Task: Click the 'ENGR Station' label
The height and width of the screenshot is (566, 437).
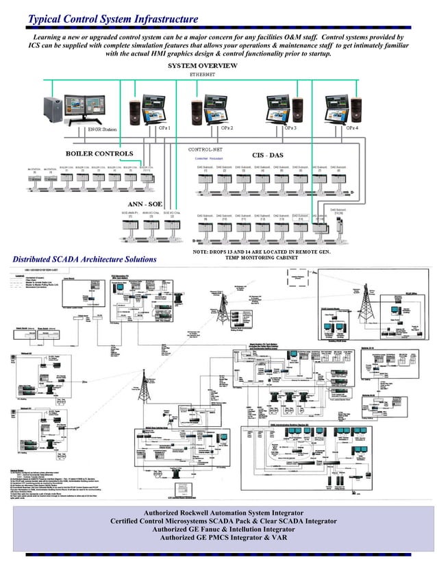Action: click(x=103, y=128)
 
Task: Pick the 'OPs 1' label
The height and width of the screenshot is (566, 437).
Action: click(x=164, y=128)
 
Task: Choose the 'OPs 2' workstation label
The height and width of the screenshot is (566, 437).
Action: click(x=227, y=128)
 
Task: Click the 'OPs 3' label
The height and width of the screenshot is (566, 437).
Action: click(x=290, y=128)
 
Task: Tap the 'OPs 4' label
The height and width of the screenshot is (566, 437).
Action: click(x=352, y=128)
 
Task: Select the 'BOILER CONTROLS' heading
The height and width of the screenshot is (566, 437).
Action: click(x=99, y=153)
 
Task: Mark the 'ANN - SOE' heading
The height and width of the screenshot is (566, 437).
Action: click(x=145, y=204)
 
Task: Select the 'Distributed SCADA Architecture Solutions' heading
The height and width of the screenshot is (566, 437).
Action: click(x=84, y=259)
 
